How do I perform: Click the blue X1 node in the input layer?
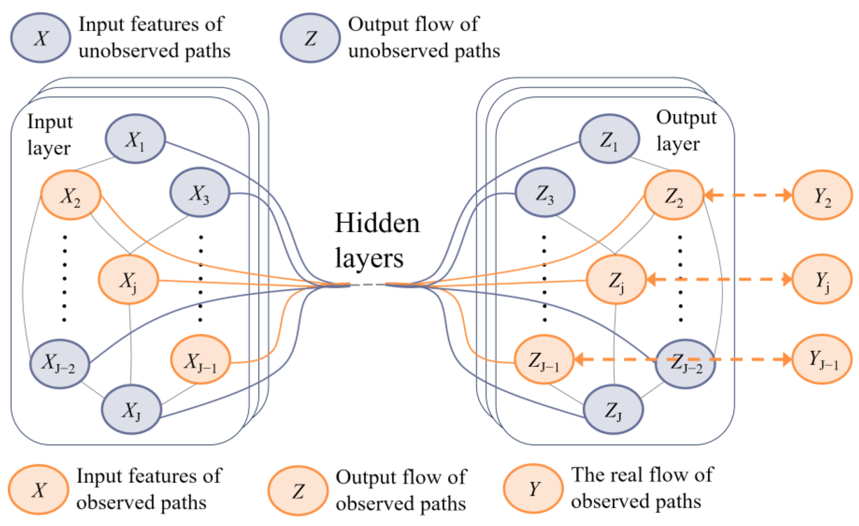pos(135,139)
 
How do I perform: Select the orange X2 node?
pos(71,195)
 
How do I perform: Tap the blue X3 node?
pos(200,192)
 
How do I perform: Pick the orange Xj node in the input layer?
pos(128,280)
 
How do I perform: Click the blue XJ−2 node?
pos(60,364)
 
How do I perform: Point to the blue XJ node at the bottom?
pos(132,409)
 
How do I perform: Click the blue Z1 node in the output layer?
pos(609,139)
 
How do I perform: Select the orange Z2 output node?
pos(674,195)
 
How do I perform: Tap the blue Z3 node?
pos(545,192)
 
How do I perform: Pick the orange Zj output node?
pos(616,280)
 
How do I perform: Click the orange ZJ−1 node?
pos(544,360)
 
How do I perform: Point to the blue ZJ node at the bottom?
pos(613,409)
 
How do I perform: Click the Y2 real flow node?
pos(822,195)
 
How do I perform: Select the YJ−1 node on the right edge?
pos(822,359)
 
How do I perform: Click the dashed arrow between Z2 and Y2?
pos(748,195)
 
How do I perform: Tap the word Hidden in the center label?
pos(377,223)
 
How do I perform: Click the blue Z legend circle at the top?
pos(310,38)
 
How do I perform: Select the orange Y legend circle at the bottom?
pos(533,488)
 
